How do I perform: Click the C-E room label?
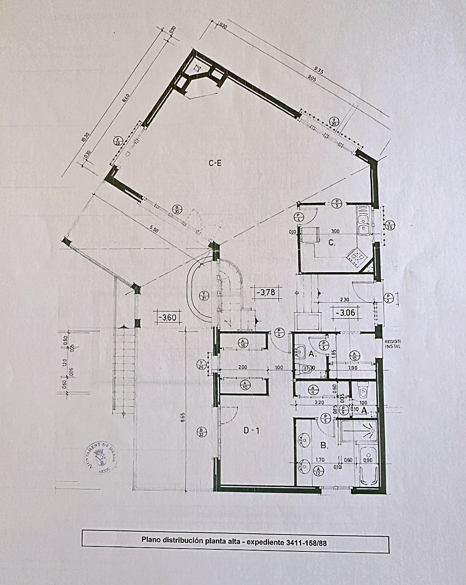215,164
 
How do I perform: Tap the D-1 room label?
251,430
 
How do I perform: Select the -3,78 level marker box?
265,293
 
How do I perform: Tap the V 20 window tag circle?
334,121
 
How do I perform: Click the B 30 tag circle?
177,210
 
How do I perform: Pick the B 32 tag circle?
201,432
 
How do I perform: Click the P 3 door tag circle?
336,203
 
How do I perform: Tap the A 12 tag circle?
318,471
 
